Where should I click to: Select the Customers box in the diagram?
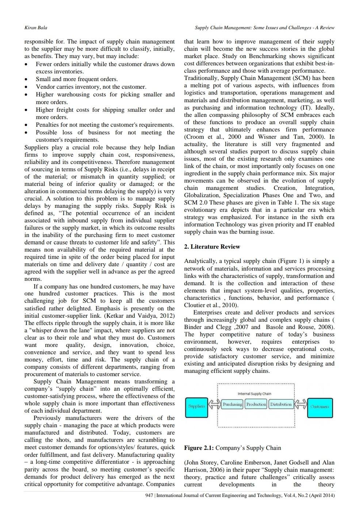coord(319,406)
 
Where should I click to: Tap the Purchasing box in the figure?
coord(233,405)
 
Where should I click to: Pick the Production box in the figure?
coord(256,405)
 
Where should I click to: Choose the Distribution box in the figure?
coord(281,405)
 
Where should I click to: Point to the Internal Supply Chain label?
coord(254,394)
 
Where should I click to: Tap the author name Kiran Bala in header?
coord(35,28)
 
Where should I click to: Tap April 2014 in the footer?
coord(323,496)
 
